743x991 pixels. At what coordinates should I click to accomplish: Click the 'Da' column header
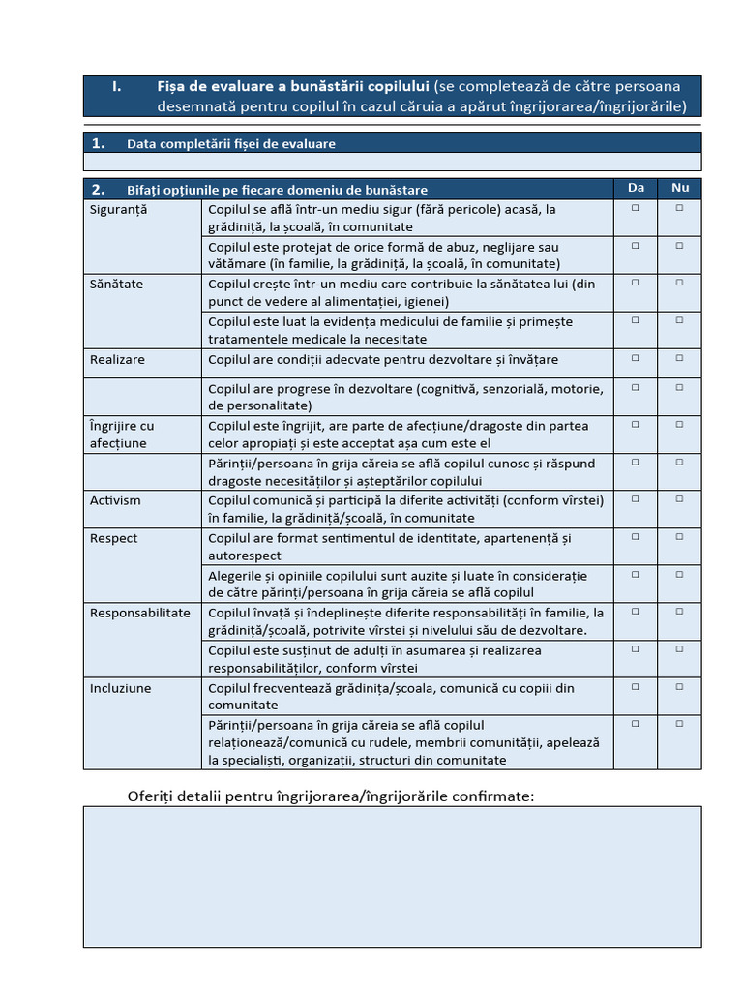(x=636, y=188)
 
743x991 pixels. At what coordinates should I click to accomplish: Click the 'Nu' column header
(x=680, y=188)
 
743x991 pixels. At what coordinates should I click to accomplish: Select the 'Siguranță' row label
(x=119, y=209)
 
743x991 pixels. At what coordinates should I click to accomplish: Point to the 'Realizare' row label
(x=117, y=359)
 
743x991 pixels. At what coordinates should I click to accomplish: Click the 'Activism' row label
(x=115, y=500)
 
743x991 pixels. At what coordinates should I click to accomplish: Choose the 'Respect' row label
(x=113, y=538)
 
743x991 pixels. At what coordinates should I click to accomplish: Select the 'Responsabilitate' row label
(x=140, y=613)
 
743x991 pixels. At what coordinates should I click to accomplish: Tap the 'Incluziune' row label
(x=120, y=688)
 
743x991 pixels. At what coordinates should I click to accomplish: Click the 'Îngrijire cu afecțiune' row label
(x=121, y=435)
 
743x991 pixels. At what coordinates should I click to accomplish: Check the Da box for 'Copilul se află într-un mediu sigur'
(x=636, y=208)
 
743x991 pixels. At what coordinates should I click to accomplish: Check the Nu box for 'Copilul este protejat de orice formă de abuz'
(x=680, y=246)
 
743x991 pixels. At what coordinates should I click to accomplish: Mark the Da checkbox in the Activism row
(x=636, y=499)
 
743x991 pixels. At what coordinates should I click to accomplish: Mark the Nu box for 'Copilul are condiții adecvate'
(x=680, y=358)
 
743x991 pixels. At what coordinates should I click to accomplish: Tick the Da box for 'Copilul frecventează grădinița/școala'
(x=636, y=687)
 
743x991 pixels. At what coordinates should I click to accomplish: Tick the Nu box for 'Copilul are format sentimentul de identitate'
(x=680, y=537)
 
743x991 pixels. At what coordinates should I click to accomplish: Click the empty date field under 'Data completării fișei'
(x=392, y=162)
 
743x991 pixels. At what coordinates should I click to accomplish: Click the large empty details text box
(x=392, y=877)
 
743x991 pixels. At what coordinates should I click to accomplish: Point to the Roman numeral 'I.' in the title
(x=117, y=86)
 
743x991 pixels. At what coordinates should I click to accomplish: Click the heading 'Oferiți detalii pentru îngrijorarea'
(x=331, y=796)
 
